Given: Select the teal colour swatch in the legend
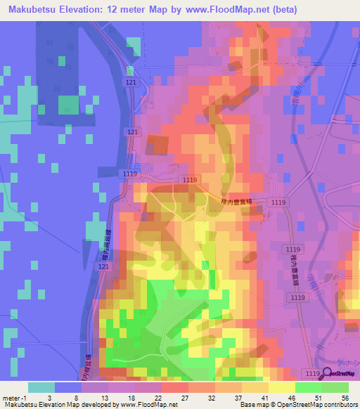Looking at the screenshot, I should tap(41, 387).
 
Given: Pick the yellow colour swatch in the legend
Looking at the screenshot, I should tap(282, 387).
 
